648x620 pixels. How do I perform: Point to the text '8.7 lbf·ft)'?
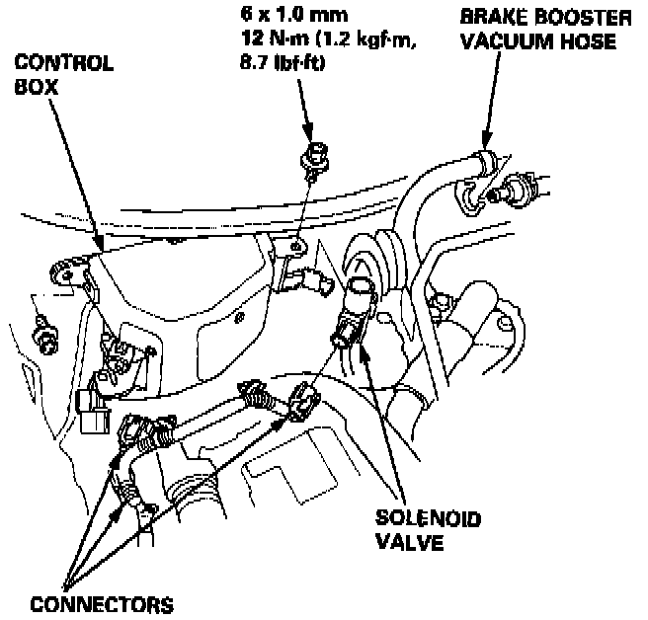[283, 65]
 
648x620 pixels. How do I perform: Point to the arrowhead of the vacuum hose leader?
[484, 146]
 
